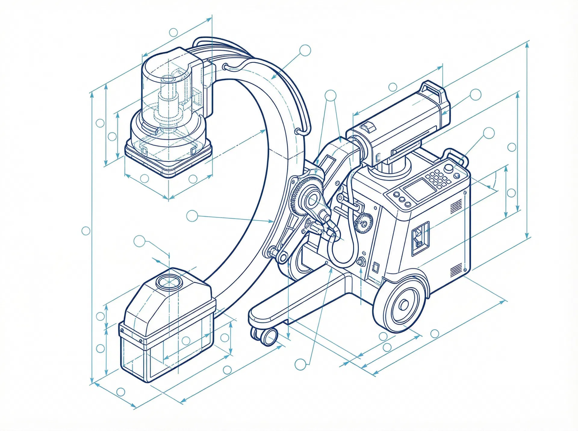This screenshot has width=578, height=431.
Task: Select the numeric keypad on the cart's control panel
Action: [440, 180]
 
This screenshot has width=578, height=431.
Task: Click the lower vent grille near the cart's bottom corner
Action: [456, 270]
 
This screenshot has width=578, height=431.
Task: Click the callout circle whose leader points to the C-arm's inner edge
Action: [192, 216]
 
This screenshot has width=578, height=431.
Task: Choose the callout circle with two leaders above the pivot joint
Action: [331, 96]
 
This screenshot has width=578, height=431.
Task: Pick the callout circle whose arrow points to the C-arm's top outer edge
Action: [305, 50]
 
